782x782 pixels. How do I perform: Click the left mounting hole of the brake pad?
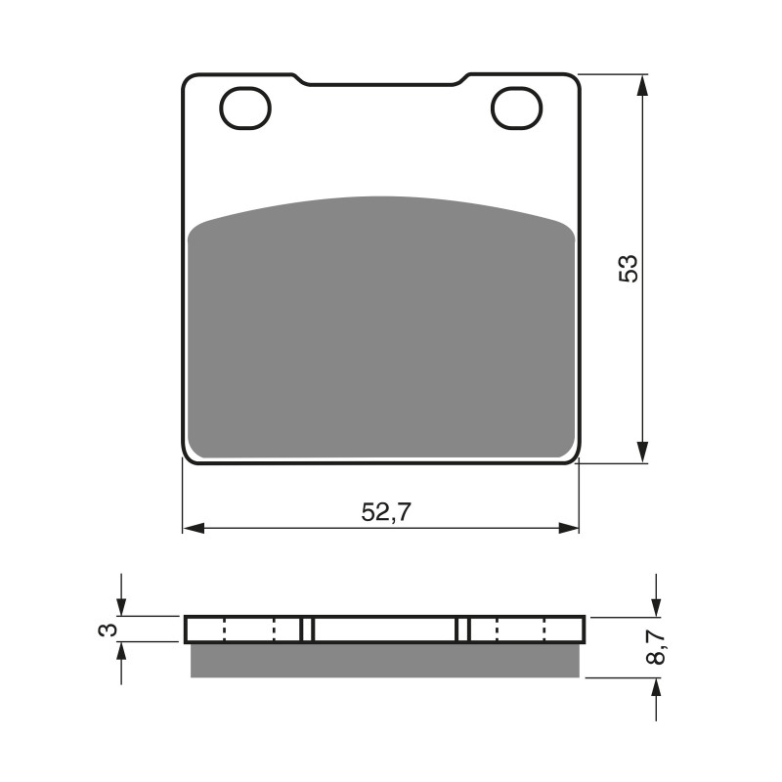[x=245, y=109]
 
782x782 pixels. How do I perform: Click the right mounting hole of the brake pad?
[x=516, y=109]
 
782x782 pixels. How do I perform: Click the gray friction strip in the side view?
[x=384, y=661]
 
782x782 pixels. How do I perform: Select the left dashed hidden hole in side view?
[x=250, y=630]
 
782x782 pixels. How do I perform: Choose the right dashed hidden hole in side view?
[x=521, y=630]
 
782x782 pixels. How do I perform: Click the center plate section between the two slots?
[x=385, y=630]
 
